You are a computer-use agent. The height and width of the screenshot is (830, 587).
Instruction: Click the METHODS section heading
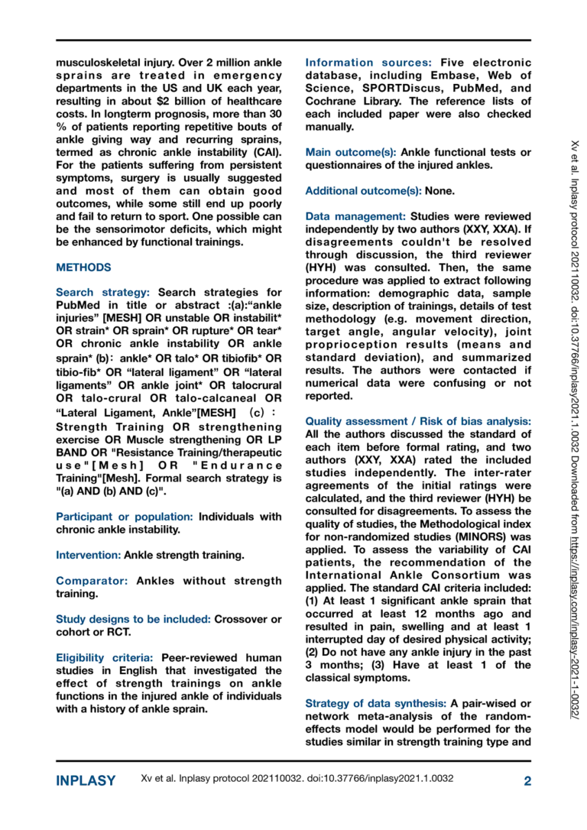coord(83,267)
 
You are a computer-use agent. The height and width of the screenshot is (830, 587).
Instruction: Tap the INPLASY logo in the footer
coord(86,780)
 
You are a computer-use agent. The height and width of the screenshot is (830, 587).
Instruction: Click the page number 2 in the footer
coord(527,780)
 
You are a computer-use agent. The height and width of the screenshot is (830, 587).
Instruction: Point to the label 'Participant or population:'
coord(125,516)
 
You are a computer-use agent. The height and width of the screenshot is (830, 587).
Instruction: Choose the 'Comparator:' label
coord(92,580)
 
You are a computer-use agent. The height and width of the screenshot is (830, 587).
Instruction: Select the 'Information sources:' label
coord(369,63)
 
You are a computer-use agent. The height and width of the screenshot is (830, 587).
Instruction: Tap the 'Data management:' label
coord(355,216)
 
